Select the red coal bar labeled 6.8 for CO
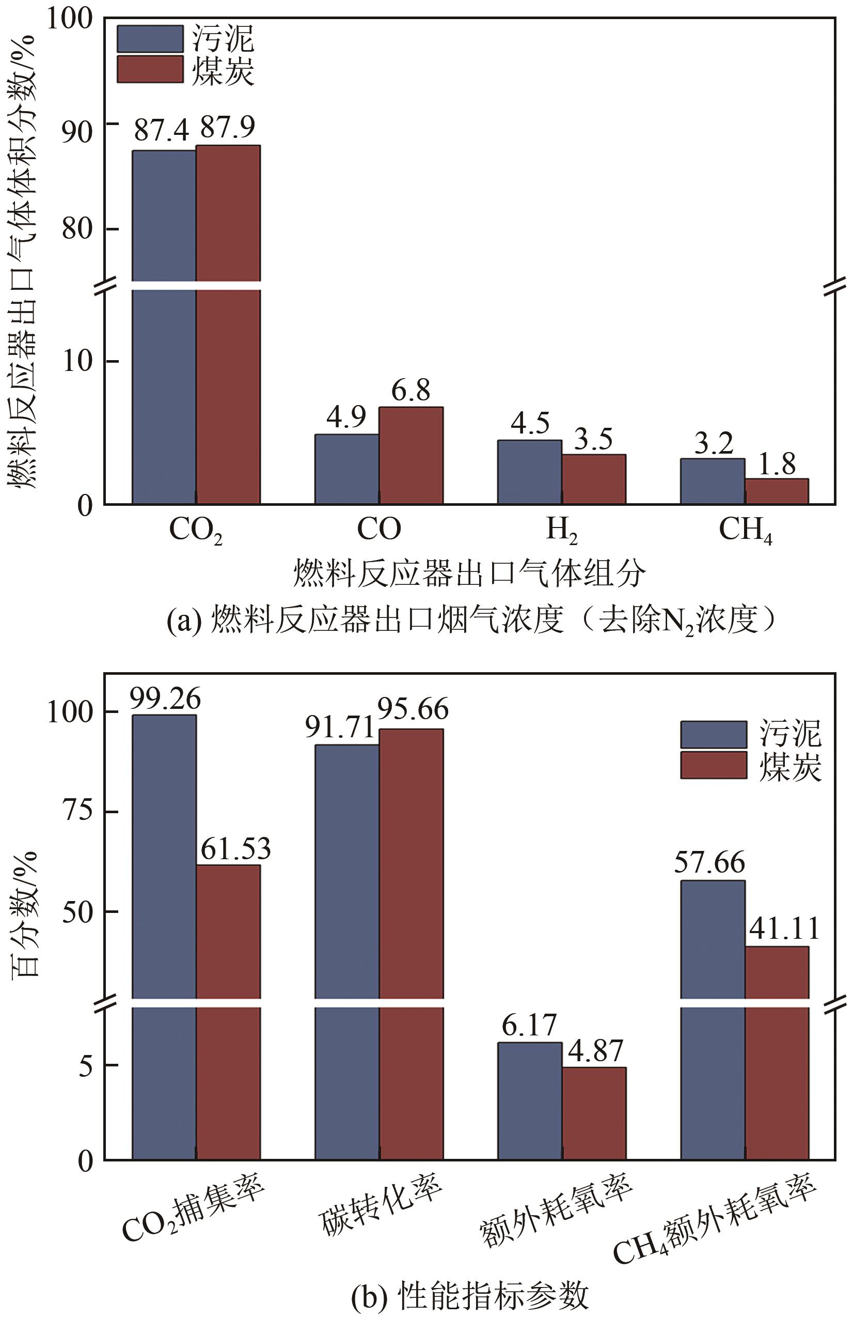pos(410,455)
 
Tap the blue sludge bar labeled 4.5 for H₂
pos(529,472)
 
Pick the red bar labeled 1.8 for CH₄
pos(776,491)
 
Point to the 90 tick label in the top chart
pos(77,132)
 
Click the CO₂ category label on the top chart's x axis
pos(195,530)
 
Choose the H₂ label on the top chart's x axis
pos(561,530)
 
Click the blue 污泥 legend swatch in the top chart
pos(149,39)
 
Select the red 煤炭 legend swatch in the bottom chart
pos(713,765)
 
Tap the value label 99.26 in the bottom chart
pos(165,700)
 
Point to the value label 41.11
pos(784,928)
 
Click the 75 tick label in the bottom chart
pos(77,811)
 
